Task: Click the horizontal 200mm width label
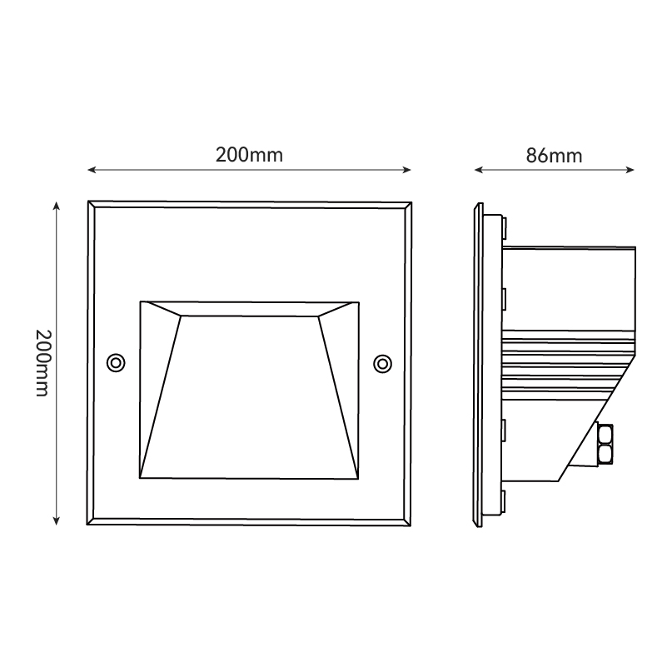[249, 155]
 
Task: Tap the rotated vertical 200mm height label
[43, 363]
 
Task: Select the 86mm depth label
[554, 156]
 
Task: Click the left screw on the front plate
[116, 363]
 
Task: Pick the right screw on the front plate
[382, 364]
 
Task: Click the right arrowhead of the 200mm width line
[406, 170]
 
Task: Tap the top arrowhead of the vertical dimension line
[56, 206]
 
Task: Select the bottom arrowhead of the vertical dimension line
[56, 520]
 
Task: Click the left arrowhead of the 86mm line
[479, 170]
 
